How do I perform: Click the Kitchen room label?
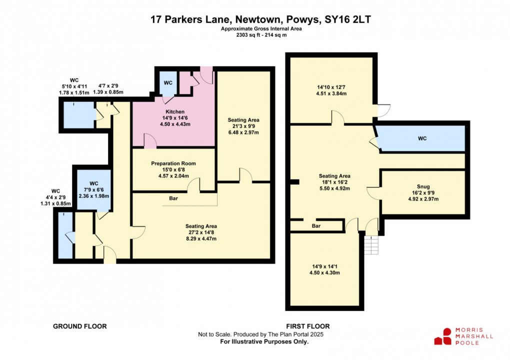tap(172, 111)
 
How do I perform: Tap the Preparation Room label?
tap(173, 163)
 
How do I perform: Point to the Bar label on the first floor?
tap(316, 226)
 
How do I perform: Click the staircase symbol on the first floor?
tap(370, 245)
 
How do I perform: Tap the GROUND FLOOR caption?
tap(80, 326)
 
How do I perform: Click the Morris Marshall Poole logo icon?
tap(442, 336)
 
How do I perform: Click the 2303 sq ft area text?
tap(249, 35)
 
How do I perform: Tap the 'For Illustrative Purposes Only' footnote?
tap(264, 342)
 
